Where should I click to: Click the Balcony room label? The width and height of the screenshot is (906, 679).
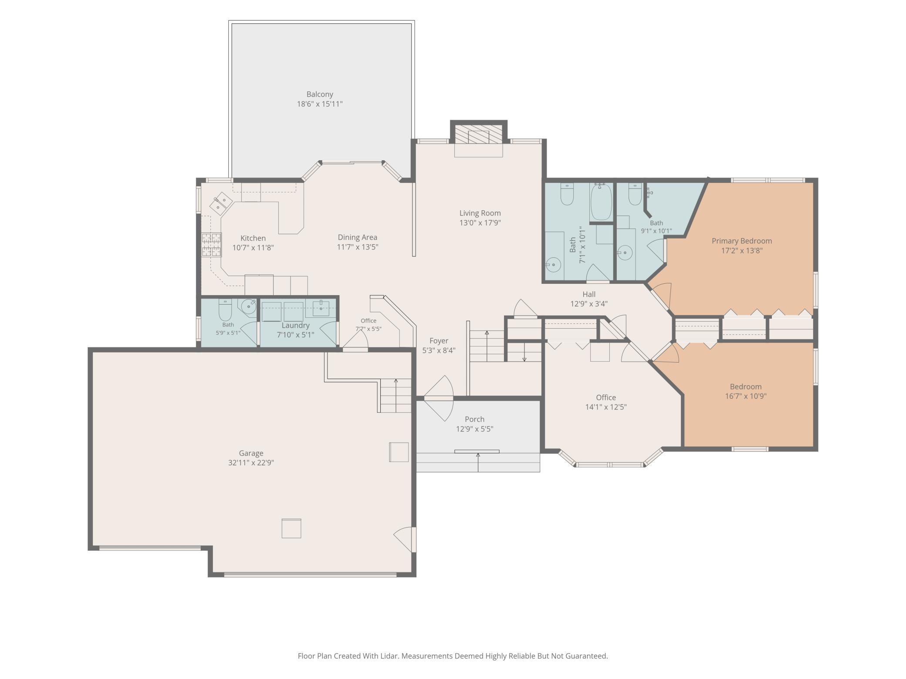tap(320, 94)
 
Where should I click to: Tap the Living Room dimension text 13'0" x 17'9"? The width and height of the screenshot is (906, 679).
tap(480, 223)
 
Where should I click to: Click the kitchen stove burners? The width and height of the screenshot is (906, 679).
tap(211, 245)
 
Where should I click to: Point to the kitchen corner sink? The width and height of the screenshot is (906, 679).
tap(222, 203)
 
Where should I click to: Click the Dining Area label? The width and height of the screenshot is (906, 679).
tap(358, 237)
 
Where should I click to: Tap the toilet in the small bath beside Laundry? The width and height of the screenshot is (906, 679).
tap(225, 309)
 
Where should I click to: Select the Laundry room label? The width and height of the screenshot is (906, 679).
tap(295, 325)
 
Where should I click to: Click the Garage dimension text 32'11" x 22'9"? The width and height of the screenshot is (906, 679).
tap(251, 463)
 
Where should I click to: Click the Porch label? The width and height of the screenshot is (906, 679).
tap(474, 419)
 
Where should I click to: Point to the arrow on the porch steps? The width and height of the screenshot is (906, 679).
tap(478, 462)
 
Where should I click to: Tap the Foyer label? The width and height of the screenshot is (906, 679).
tap(439, 341)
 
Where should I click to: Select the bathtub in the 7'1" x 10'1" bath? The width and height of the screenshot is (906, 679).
tap(601, 202)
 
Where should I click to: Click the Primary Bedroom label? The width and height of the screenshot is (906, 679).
tap(742, 241)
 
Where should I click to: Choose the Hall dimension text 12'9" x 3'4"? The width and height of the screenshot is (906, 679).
tap(589, 304)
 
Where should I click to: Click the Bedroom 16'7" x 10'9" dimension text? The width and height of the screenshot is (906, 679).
tap(746, 396)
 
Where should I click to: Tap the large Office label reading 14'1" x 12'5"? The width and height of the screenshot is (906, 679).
tap(606, 402)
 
